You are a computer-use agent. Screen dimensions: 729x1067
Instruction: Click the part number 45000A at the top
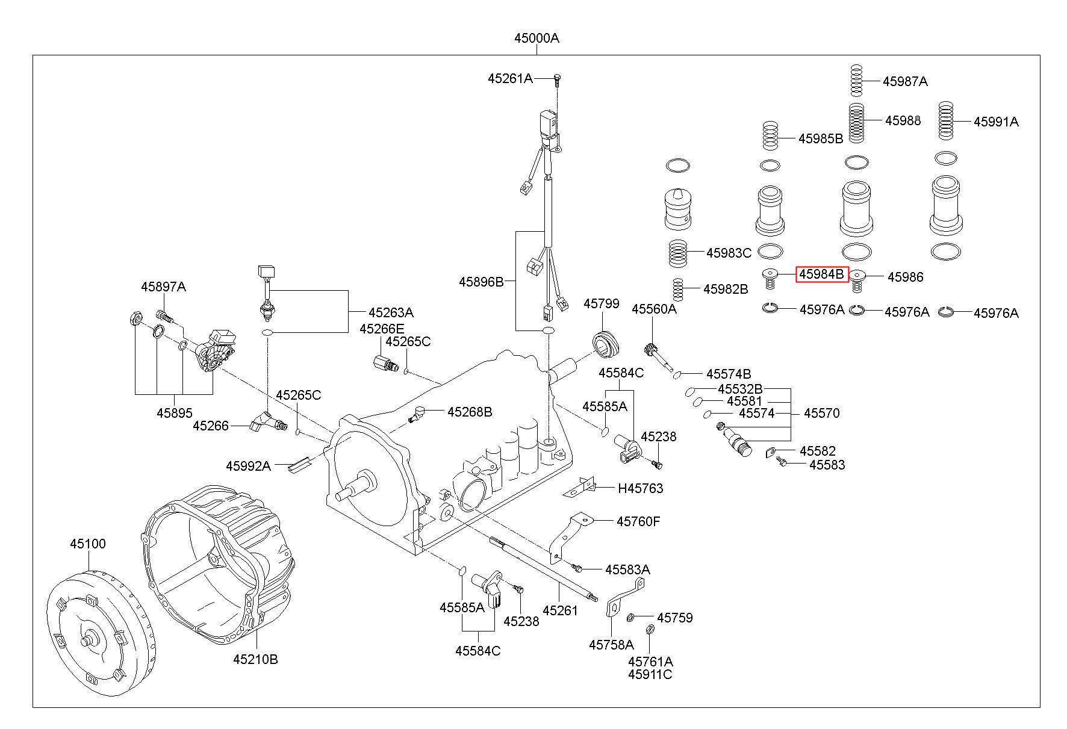click(536, 39)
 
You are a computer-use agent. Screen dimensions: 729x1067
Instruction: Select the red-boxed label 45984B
click(822, 275)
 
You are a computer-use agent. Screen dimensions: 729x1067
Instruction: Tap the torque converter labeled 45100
click(101, 626)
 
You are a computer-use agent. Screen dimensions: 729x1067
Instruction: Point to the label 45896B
click(481, 281)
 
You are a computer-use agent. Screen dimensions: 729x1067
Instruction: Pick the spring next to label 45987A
click(856, 80)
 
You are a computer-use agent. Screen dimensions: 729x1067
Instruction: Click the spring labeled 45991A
click(946, 122)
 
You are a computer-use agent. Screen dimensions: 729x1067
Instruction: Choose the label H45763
click(640, 488)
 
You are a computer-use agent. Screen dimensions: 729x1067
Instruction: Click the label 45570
click(821, 413)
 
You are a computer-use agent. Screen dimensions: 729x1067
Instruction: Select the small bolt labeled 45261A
click(557, 78)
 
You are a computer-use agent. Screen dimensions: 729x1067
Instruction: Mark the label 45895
click(175, 413)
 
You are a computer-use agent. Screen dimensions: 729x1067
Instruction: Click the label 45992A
click(248, 465)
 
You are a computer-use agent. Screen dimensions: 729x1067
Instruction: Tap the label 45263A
click(391, 312)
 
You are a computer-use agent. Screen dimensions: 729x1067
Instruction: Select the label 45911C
click(650, 674)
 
